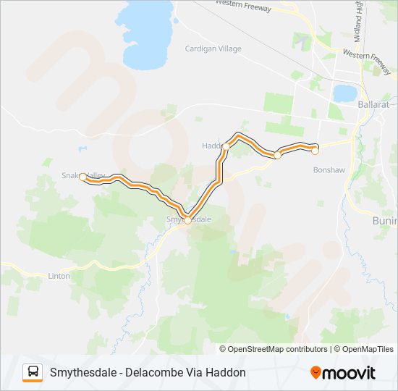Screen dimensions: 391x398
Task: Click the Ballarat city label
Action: tap(373, 104)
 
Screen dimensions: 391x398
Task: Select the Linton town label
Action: tap(59, 276)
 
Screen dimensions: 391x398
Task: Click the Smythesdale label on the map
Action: tap(190, 218)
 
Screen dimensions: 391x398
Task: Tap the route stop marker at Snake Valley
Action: tap(83, 177)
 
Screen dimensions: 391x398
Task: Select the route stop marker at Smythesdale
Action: tap(187, 221)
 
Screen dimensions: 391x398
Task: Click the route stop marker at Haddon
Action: tap(226, 147)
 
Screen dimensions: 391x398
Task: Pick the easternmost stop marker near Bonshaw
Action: tap(315, 151)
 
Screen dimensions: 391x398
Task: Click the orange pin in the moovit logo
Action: tap(316, 373)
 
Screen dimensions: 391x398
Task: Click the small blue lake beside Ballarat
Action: tap(344, 93)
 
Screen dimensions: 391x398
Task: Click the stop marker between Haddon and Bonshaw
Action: tap(277, 155)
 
